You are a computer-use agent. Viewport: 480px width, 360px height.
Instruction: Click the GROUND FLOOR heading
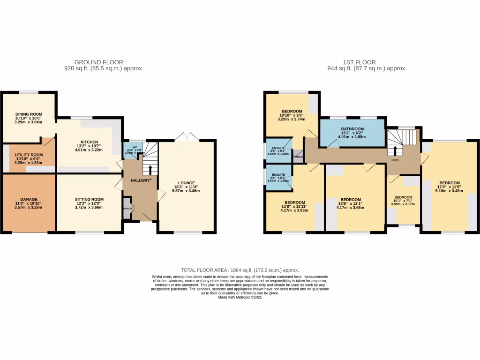(x=99, y=62)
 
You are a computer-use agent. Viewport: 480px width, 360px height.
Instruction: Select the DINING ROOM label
(x=29, y=114)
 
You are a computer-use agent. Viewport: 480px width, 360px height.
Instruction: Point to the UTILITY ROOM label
(x=29, y=155)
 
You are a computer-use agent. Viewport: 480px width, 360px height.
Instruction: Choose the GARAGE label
(x=29, y=199)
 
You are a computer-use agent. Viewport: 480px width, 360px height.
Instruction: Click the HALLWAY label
(x=140, y=180)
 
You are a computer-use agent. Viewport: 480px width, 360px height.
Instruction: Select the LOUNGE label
(x=186, y=183)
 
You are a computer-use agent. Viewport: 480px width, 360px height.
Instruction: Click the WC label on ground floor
(x=128, y=147)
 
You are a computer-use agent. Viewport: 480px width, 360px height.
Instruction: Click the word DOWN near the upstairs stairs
(x=395, y=159)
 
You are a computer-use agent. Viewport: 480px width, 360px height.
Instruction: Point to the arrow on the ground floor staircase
(x=150, y=170)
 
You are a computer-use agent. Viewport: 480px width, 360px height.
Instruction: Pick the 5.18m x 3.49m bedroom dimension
(x=449, y=191)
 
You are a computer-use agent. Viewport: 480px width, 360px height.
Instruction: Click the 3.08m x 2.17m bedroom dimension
(x=403, y=204)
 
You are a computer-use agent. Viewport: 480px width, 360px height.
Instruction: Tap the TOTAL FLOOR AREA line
(x=240, y=270)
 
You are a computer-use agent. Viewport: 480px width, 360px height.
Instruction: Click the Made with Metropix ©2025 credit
(x=240, y=297)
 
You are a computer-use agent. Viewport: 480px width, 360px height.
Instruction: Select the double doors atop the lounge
(x=187, y=137)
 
